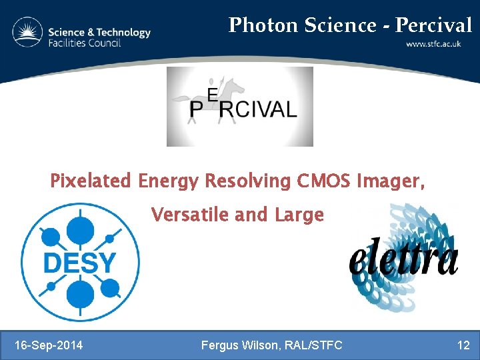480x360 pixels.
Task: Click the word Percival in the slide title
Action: point(433,25)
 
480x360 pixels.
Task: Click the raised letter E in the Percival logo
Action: point(213,96)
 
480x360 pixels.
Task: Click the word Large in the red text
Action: point(299,215)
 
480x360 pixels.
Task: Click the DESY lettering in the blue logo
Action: point(79,263)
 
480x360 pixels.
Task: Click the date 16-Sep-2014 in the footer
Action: point(49,345)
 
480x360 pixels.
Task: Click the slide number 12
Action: point(463,345)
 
